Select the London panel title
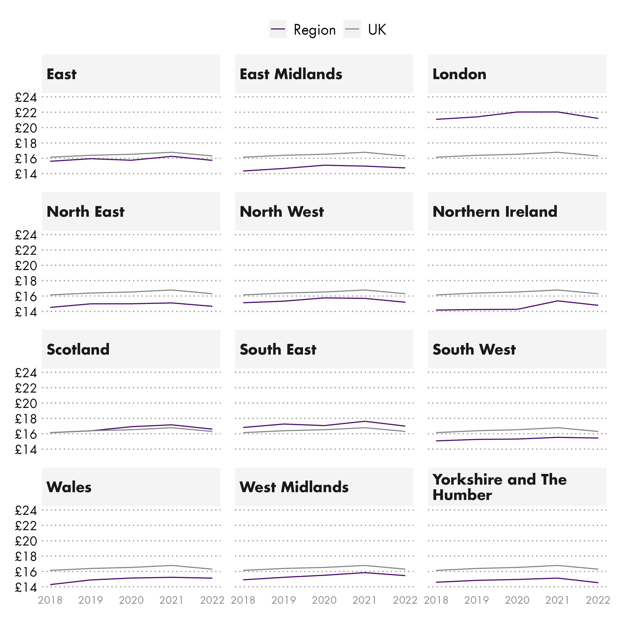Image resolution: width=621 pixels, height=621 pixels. click(459, 74)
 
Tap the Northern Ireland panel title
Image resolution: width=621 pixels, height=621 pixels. click(495, 212)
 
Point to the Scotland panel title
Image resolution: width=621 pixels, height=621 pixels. click(78, 349)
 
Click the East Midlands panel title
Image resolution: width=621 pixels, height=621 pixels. click(291, 74)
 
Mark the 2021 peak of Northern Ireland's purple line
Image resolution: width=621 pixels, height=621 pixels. click(558, 301)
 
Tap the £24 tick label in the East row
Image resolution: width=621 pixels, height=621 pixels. click(26, 97)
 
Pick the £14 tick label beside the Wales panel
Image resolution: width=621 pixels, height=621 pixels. click(26, 587)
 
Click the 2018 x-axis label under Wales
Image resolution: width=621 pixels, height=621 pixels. click(50, 600)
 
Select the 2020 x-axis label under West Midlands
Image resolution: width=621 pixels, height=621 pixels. click(324, 600)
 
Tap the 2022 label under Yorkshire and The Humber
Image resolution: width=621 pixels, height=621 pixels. click(598, 600)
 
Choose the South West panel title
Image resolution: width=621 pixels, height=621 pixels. click(474, 349)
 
